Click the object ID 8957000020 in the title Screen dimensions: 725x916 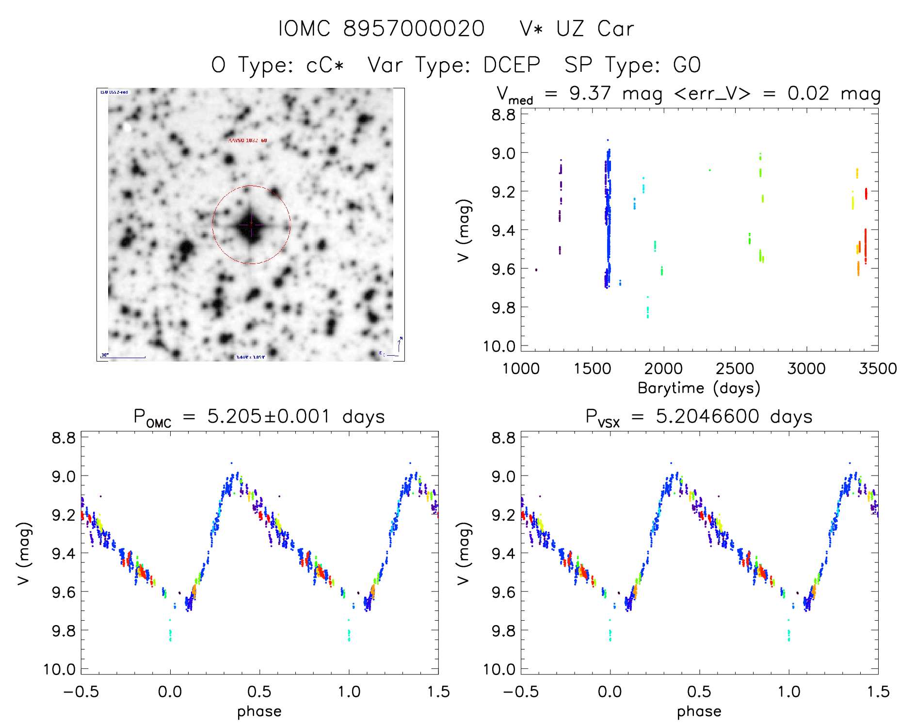coord(414,29)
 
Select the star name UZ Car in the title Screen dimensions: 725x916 coord(595,29)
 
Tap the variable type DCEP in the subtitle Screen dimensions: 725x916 coord(512,65)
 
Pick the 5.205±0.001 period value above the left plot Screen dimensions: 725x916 coord(269,416)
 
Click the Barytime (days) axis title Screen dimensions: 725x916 coord(699,388)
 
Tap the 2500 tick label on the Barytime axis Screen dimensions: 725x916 coord(735,368)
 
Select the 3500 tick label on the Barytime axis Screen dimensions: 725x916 coord(877,368)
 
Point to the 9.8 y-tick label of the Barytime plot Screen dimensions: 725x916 coord(503,307)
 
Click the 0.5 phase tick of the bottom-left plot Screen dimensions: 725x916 coord(259,692)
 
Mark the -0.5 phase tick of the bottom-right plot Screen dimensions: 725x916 coord(521,692)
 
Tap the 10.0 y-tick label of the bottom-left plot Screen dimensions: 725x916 coord(60,669)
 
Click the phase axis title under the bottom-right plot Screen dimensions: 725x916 coord(699,711)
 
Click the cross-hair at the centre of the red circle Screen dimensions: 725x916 coord(251,224)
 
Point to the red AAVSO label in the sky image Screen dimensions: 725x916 coord(247,140)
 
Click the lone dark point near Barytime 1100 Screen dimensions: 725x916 coord(536,270)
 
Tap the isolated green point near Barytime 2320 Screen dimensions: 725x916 coord(709,170)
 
